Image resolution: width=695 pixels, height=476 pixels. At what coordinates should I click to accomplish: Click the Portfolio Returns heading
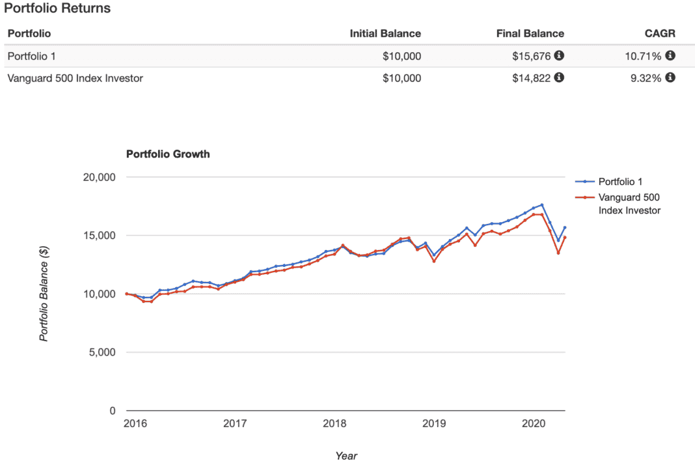click(x=57, y=8)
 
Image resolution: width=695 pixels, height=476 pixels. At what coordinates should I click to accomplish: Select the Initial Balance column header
click(x=385, y=33)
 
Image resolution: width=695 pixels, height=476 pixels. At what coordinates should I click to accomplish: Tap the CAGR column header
click(x=659, y=33)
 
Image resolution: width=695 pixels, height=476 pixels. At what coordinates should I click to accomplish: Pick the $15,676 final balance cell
click(x=532, y=56)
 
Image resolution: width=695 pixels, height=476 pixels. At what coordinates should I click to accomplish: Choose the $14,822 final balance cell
click(x=532, y=78)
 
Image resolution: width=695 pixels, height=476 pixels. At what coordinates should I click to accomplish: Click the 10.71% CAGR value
click(x=643, y=56)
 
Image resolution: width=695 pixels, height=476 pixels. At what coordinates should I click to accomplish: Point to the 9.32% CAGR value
click(x=646, y=78)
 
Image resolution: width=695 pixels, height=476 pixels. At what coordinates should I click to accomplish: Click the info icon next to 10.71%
click(x=670, y=56)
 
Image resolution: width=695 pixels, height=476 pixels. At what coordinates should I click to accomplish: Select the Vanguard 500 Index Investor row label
click(x=75, y=78)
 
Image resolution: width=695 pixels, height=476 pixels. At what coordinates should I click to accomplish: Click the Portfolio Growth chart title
click(x=168, y=154)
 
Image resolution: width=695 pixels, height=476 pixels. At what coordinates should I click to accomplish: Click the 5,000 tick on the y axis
click(x=103, y=352)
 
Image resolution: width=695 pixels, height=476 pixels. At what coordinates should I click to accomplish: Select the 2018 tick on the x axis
click(x=334, y=423)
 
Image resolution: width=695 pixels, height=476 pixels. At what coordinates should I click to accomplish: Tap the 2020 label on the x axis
click(x=534, y=423)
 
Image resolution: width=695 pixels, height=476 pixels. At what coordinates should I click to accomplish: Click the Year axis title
click(x=346, y=456)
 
